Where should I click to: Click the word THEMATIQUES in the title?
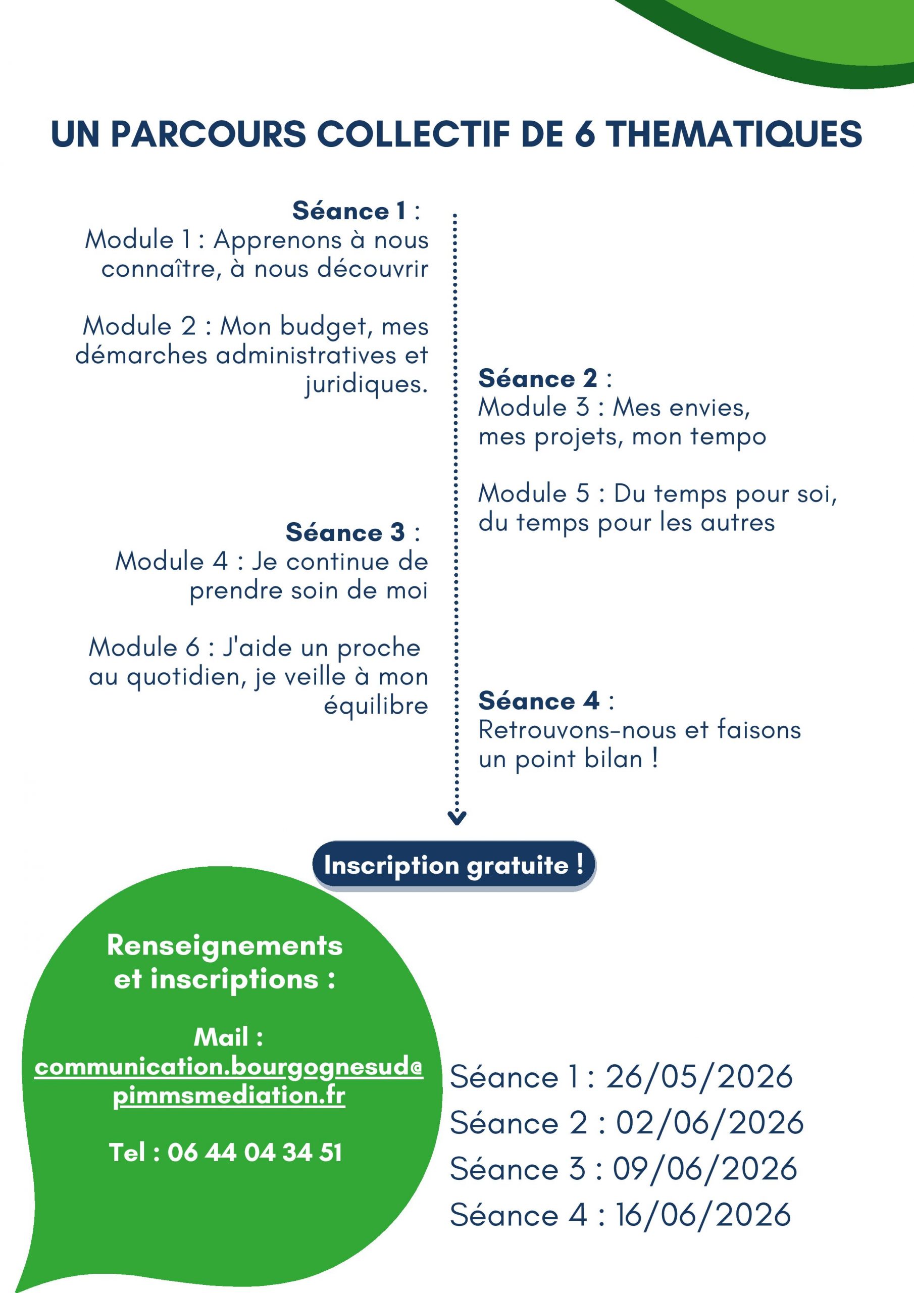coord(734,134)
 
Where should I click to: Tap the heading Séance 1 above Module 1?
coord(349,211)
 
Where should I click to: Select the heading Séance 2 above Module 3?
coord(538,378)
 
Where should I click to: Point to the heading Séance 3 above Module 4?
coord(345,532)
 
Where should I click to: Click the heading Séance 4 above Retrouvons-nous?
coord(539,701)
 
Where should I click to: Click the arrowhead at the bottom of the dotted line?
coord(456,818)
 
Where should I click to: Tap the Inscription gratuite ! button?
coord(454,866)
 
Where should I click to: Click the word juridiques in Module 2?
coord(367,385)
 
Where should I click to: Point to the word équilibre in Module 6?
coord(376,706)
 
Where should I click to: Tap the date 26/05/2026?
coord(699,1077)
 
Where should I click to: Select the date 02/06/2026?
coord(709,1123)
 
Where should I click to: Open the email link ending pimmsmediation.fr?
coord(229,1082)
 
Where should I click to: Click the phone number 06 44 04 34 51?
coord(255,1153)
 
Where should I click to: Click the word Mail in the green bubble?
coord(221,1037)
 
